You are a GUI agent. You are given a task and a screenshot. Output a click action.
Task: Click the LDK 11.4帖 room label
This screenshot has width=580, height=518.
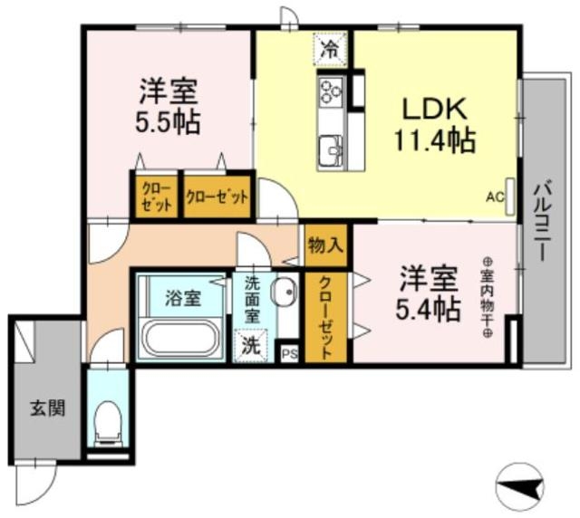tap(435, 125)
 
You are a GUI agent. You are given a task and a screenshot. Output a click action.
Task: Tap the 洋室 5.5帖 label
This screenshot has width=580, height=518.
tap(169, 106)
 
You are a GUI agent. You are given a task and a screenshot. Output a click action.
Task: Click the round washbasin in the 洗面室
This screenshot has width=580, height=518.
tap(285, 293)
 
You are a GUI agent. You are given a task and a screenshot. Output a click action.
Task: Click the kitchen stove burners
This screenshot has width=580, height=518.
tap(329, 91)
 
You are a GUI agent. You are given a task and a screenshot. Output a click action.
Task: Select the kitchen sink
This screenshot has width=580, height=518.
tap(329, 148)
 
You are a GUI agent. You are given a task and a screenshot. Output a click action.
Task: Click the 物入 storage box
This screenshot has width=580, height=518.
tap(325, 245)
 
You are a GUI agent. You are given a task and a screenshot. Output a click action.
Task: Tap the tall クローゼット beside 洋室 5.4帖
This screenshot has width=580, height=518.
tap(325, 317)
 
